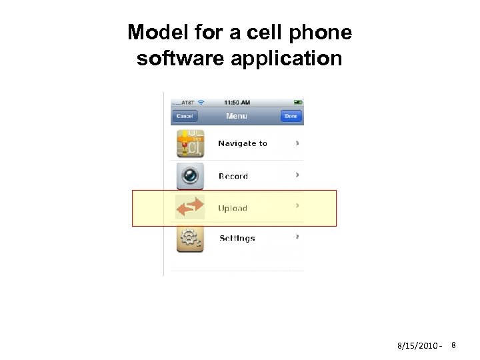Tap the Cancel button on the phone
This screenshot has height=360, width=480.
click(x=184, y=116)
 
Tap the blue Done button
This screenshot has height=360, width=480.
click(x=291, y=116)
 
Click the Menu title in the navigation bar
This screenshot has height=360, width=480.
click(x=237, y=116)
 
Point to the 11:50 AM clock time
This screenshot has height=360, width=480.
click(x=237, y=102)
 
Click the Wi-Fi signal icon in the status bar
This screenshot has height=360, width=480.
click(x=201, y=102)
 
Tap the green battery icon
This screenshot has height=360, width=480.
click(x=298, y=102)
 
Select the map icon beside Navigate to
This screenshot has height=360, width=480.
click(x=189, y=143)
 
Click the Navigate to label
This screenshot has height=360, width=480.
click(x=243, y=143)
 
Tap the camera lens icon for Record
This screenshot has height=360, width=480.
click(x=189, y=175)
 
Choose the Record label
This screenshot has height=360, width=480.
click(x=233, y=177)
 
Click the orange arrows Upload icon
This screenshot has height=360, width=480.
click(x=189, y=207)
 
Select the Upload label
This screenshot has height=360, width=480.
click(x=233, y=209)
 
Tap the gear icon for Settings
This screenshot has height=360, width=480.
click(x=189, y=239)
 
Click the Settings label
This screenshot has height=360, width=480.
click(x=237, y=239)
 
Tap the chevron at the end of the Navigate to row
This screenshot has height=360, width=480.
click(x=297, y=143)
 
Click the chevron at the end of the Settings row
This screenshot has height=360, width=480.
click(x=297, y=236)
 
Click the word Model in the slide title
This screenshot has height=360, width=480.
click(x=159, y=32)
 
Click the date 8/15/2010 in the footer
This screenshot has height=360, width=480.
click(x=417, y=346)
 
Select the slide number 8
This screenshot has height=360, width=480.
click(x=453, y=345)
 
